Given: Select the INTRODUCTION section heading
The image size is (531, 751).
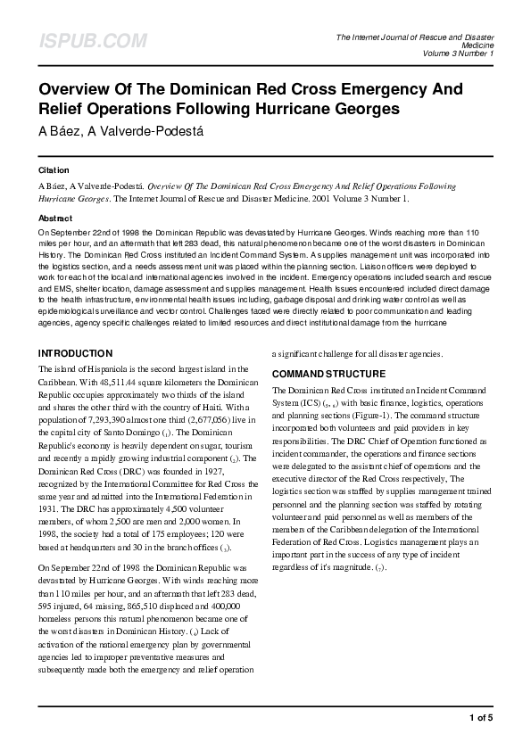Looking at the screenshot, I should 75,353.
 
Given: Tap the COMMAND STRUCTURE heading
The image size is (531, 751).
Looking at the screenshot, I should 328,374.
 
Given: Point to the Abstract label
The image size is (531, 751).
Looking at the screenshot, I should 55,218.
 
